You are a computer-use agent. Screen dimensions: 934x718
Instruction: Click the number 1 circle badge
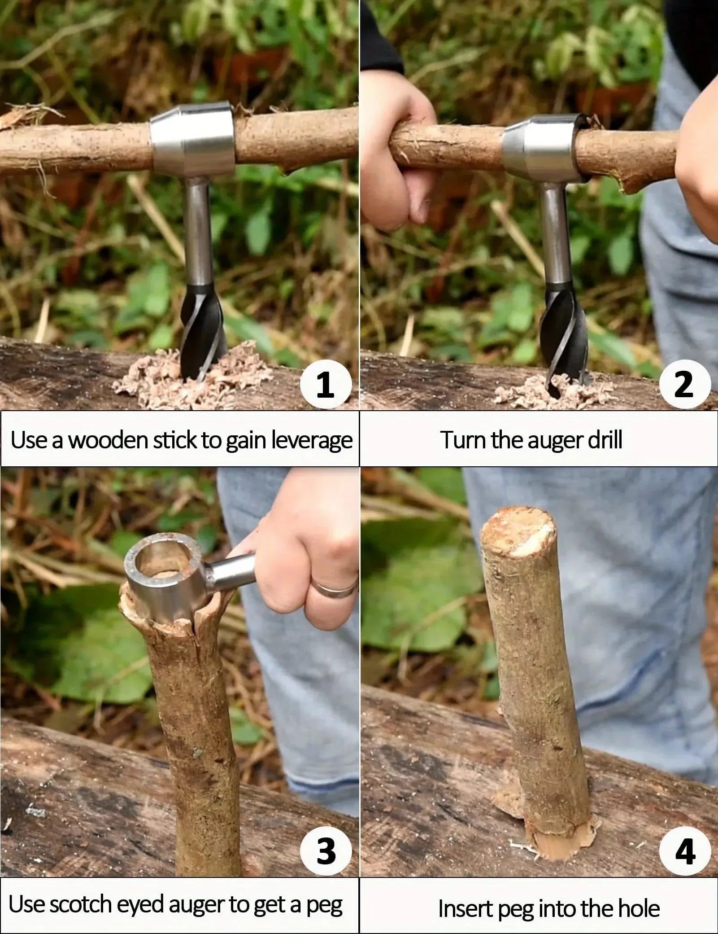pos(325,385)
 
